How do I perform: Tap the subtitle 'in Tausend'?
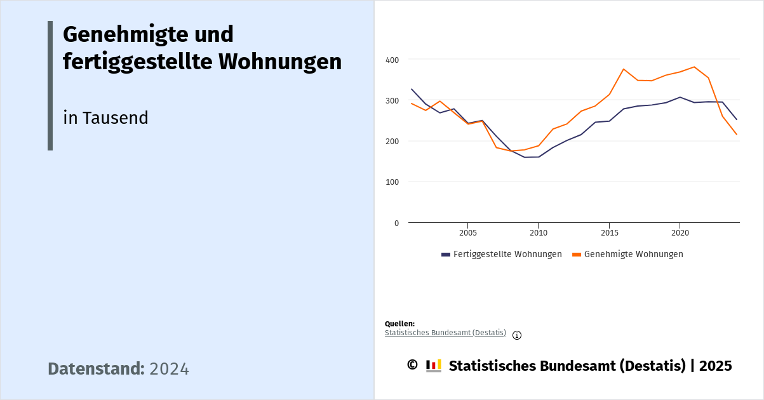coord(105,118)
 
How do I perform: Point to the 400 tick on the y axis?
coord(392,60)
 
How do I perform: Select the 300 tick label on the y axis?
coord(392,100)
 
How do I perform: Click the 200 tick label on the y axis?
coord(392,141)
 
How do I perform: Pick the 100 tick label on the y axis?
coord(392,182)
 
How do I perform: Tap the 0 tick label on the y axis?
coord(396,223)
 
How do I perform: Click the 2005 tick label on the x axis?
coord(467,233)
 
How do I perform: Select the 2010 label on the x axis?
coord(538,233)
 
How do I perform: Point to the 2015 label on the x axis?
coord(609,233)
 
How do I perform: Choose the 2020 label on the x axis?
coord(680,233)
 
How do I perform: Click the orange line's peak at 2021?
coord(694,67)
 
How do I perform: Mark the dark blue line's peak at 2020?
coord(680,97)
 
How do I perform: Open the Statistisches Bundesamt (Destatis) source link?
coord(445,333)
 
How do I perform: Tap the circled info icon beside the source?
coord(517,335)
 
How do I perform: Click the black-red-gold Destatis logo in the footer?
coord(434,366)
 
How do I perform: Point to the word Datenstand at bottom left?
coord(96,369)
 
